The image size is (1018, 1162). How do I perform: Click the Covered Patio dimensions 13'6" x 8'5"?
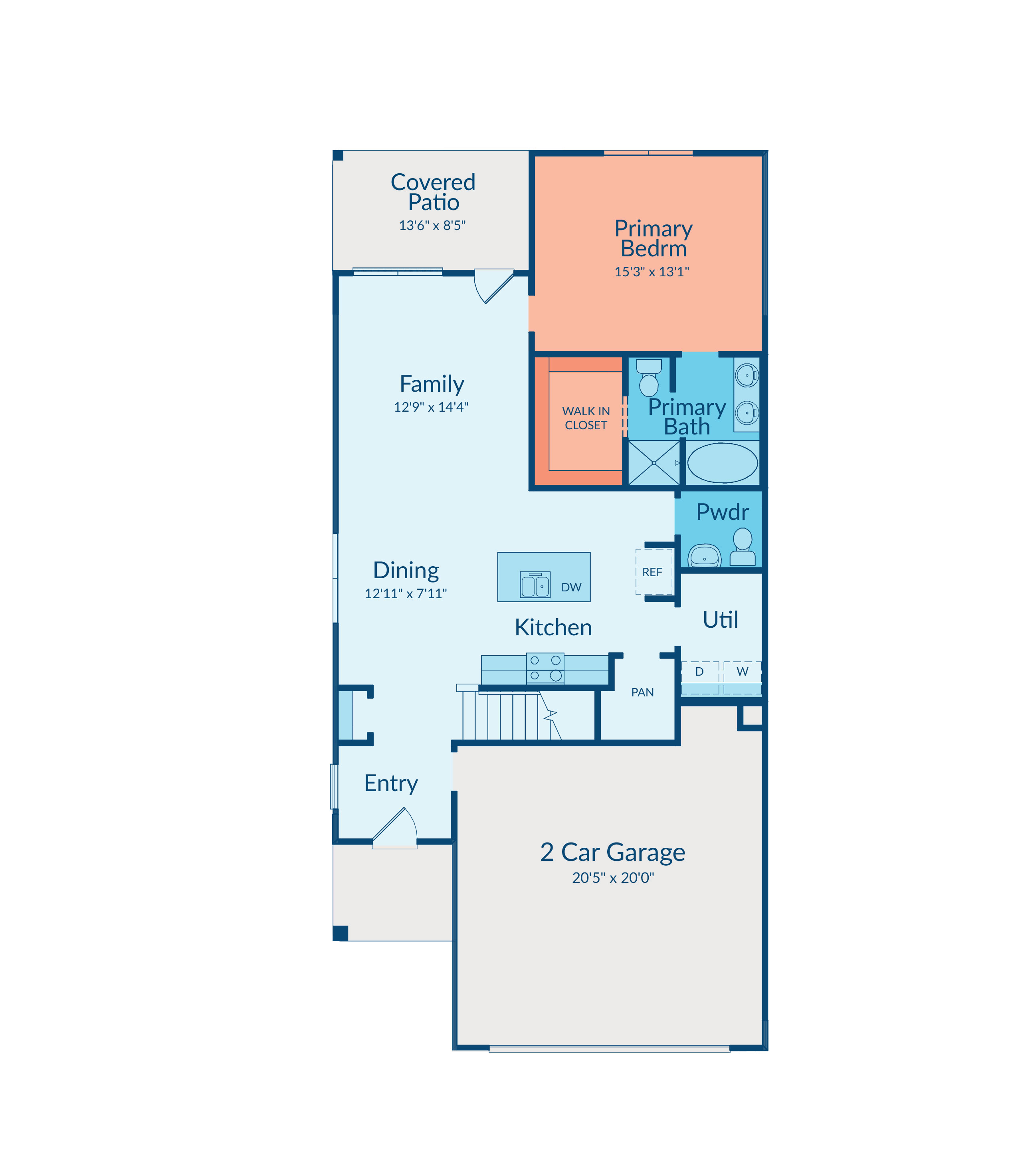(x=432, y=226)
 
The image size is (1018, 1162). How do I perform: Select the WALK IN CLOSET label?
(x=586, y=418)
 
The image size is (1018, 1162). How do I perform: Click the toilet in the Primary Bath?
(x=649, y=377)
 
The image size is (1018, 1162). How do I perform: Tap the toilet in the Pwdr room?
(x=743, y=547)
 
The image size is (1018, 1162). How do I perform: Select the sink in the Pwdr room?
(x=705, y=556)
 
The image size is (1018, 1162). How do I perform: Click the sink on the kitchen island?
(x=535, y=585)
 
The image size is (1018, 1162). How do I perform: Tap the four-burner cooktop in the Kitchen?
(x=545, y=668)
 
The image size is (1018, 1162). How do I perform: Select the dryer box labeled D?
(x=700, y=677)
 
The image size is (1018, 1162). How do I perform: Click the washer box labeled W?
(x=743, y=677)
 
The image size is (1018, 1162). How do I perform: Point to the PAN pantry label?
(x=642, y=692)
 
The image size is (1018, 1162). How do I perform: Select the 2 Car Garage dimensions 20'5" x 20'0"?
(x=613, y=878)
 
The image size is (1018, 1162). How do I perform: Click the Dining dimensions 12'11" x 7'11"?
(x=406, y=594)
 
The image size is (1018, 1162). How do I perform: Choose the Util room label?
(x=720, y=620)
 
